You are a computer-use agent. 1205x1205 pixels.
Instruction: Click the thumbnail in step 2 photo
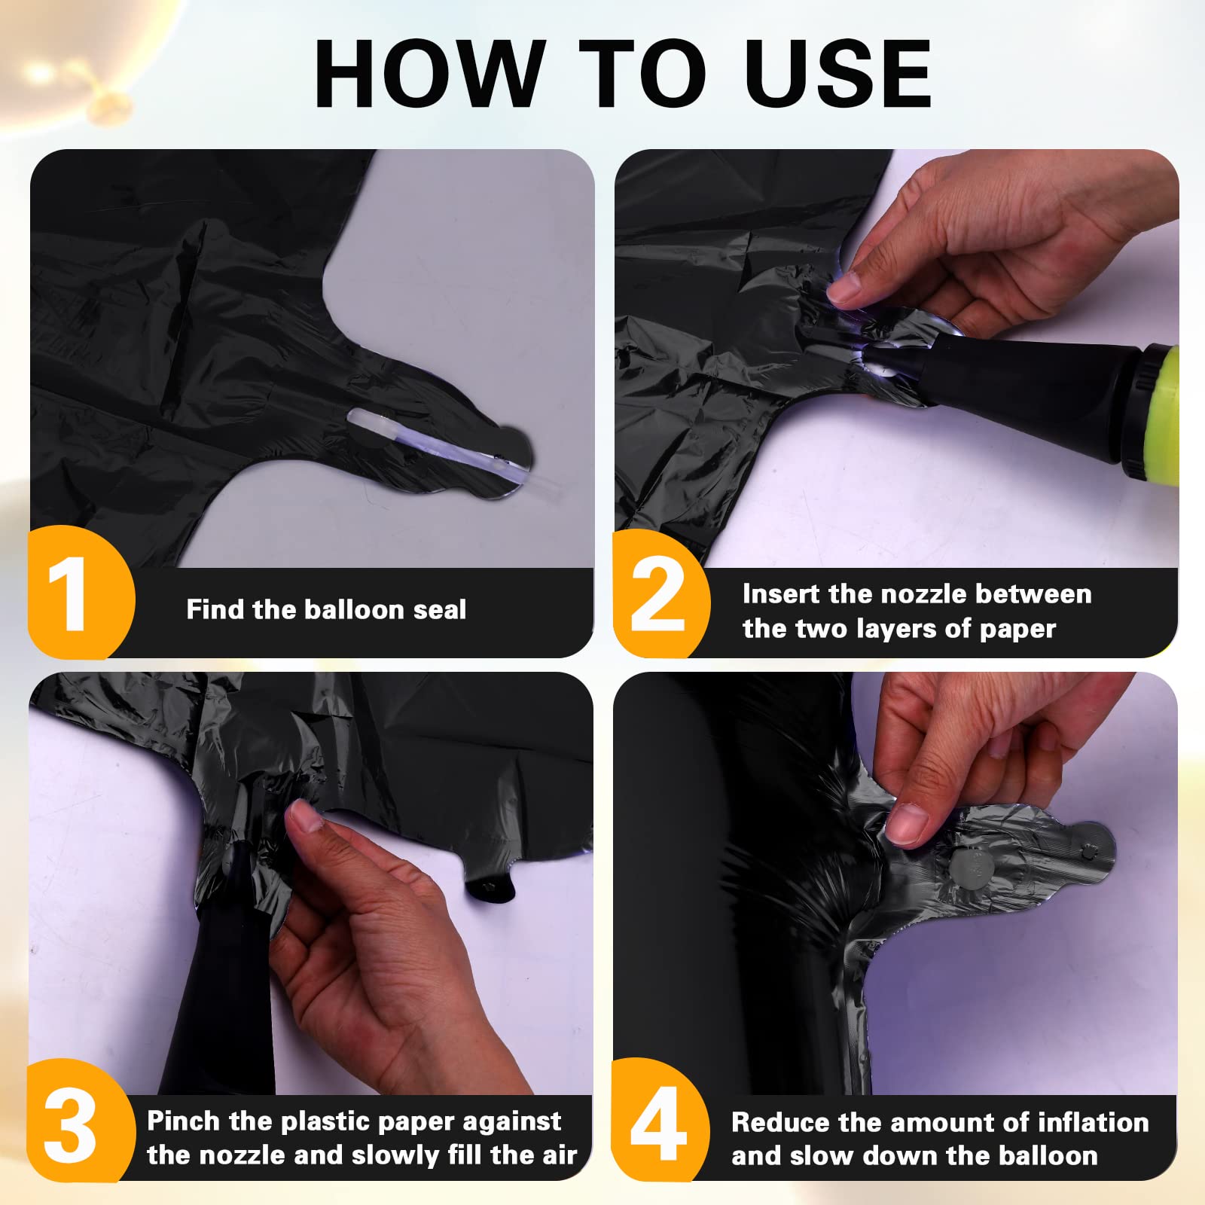tap(843, 289)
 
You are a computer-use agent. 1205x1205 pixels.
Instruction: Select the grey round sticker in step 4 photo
tap(970, 867)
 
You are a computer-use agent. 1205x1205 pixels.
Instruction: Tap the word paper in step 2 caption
tap(1017, 629)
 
